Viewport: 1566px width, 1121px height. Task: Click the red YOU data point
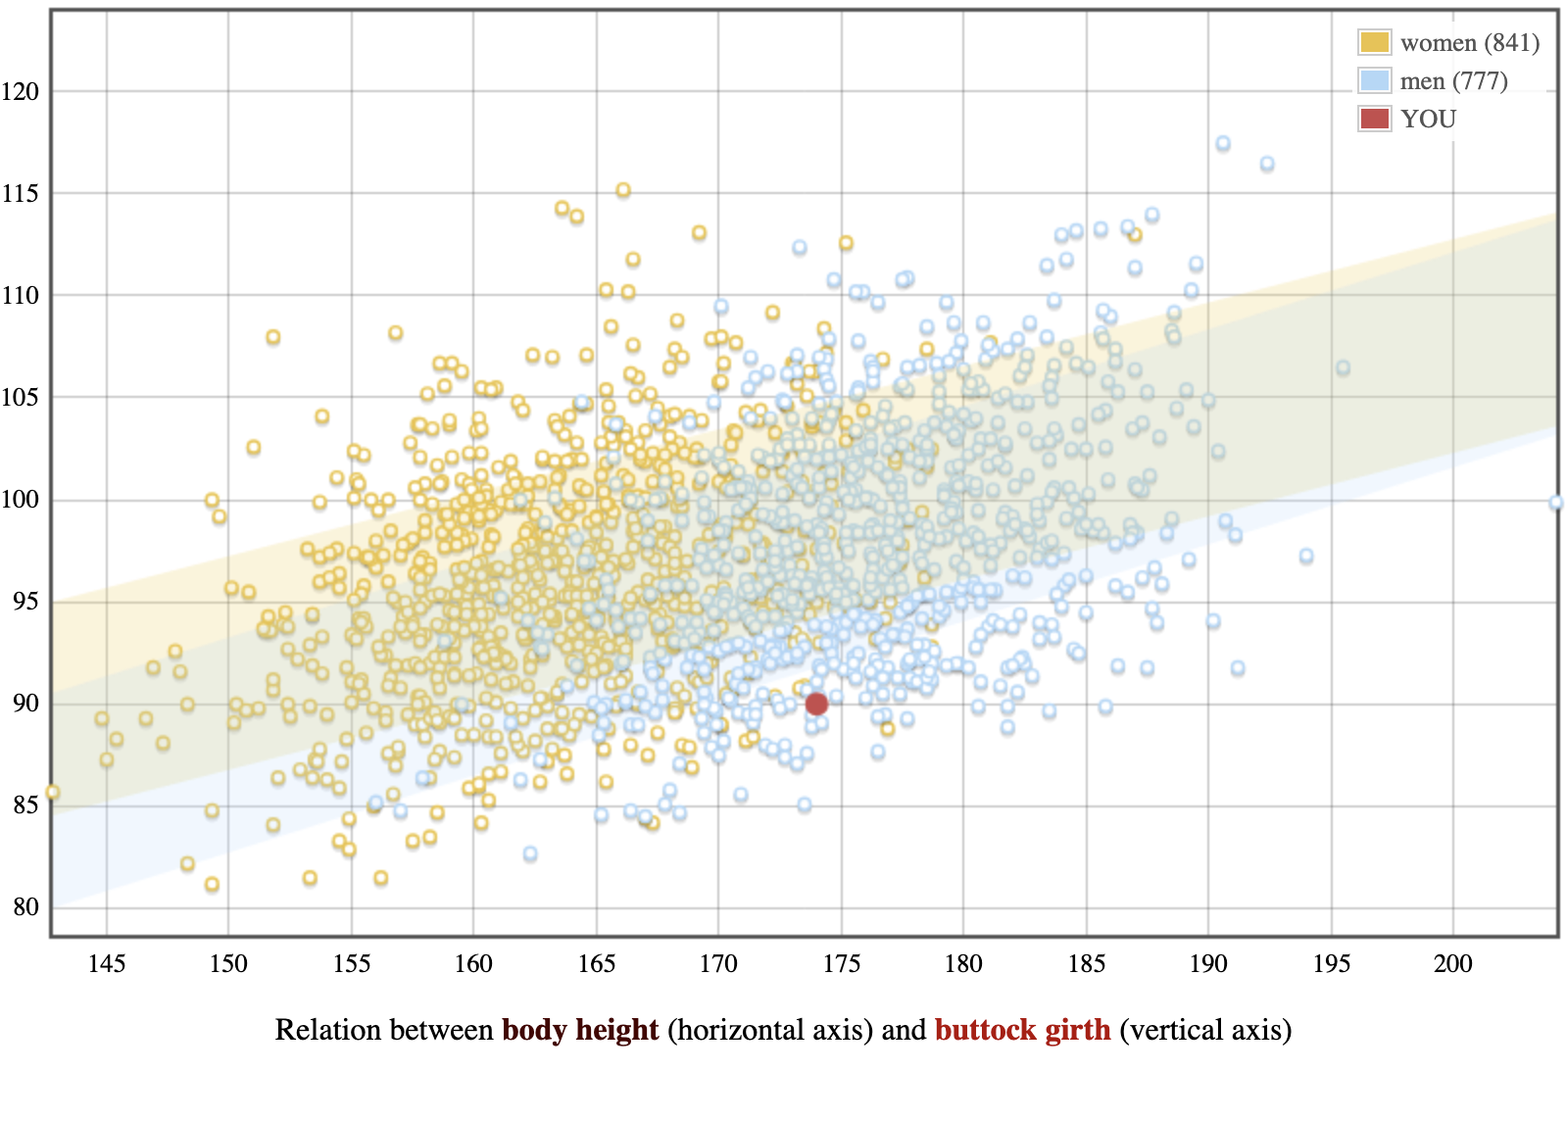pos(816,704)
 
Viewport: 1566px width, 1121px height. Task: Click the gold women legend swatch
pos(1374,42)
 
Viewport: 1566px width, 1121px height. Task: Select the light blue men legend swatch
pos(1374,80)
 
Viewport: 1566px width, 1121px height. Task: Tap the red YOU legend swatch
pos(1374,119)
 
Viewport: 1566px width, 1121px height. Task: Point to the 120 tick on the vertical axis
pos(21,92)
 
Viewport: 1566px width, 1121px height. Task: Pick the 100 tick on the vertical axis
pos(21,500)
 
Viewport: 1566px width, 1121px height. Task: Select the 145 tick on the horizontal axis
pos(107,964)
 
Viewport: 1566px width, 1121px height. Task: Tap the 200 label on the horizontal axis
pos(1453,964)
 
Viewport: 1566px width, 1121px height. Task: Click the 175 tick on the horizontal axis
pos(842,964)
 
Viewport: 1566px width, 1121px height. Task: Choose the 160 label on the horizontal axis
pos(473,964)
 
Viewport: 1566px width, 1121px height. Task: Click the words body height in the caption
pos(580,1031)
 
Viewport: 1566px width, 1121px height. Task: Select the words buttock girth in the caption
pos(1022,1031)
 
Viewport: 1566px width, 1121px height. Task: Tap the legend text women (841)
pos(1470,43)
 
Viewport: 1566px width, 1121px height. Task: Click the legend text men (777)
pos(1453,81)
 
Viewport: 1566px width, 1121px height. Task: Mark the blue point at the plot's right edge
pos(1556,503)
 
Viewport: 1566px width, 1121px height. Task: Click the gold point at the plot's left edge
pos(53,792)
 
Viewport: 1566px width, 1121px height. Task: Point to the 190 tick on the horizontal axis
pos(1208,964)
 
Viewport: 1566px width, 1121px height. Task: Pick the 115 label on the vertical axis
pos(21,194)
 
